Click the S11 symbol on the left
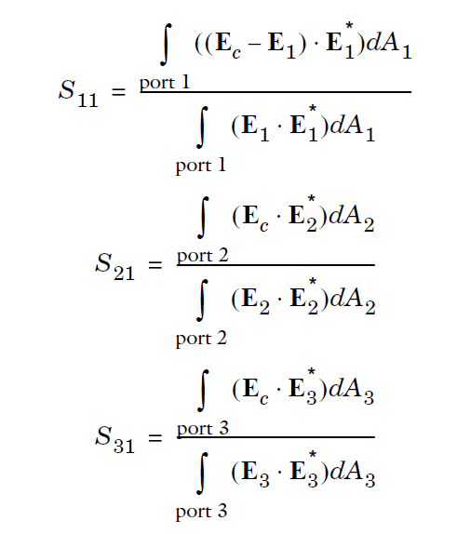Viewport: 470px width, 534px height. pyautogui.click(x=78, y=94)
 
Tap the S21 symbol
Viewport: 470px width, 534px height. pyautogui.click(x=114, y=267)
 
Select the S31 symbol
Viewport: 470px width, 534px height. pyautogui.click(x=114, y=440)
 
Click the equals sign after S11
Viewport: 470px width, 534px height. pyautogui.click(x=118, y=91)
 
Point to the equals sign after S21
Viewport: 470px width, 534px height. pyautogui.click(x=155, y=264)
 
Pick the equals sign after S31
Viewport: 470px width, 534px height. pyautogui.click(x=155, y=437)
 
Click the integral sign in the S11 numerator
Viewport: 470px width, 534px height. pyautogui.click(x=166, y=45)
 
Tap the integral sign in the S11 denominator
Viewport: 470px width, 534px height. pyautogui.click(x=202, y=127)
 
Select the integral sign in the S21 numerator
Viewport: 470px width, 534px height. pyautogui.click(x=203, y=218)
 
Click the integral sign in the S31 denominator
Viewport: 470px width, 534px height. pyautogui.click(x=202, y=473)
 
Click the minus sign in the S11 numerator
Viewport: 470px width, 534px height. pyautogui.click(x=254, y=46)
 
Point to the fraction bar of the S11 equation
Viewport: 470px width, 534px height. pyautogui.click(x=275, y=92)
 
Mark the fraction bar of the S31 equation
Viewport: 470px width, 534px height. pyautogui.click(x=275, y=437)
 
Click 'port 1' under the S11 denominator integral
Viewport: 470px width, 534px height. pyautogui.click(x=201, y=167)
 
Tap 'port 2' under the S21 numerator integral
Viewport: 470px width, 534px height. pyautogui.click(x=202, y=256)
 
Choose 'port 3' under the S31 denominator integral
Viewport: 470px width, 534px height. pyautogui.click(x=201, y=513)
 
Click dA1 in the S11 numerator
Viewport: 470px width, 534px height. pyautogui.click(x=389, y=45)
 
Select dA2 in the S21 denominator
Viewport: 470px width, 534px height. pyautogui.click(x=353, y=300)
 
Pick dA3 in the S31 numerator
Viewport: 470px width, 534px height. pyautogui.click(x=352, y=390)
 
